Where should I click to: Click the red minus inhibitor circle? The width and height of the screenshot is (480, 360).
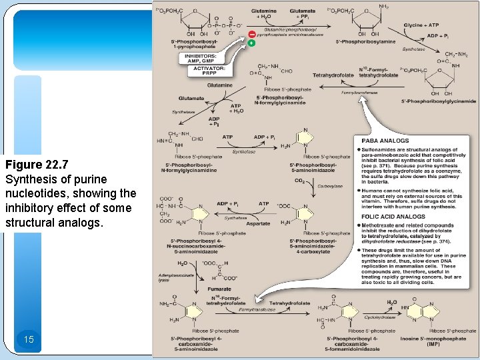coord(251,34)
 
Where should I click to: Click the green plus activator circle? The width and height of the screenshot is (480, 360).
coord(251,43)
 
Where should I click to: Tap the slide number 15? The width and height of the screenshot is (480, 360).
coord(28,339)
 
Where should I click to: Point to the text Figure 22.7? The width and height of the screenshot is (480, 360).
coord(35,165)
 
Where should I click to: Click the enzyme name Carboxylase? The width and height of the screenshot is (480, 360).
coord(330,186)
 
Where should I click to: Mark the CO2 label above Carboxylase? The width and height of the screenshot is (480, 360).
coord(299,181)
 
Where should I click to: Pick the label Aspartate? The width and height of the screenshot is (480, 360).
coord(259,224)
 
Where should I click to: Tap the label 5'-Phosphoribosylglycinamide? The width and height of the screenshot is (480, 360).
coord(439,101)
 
